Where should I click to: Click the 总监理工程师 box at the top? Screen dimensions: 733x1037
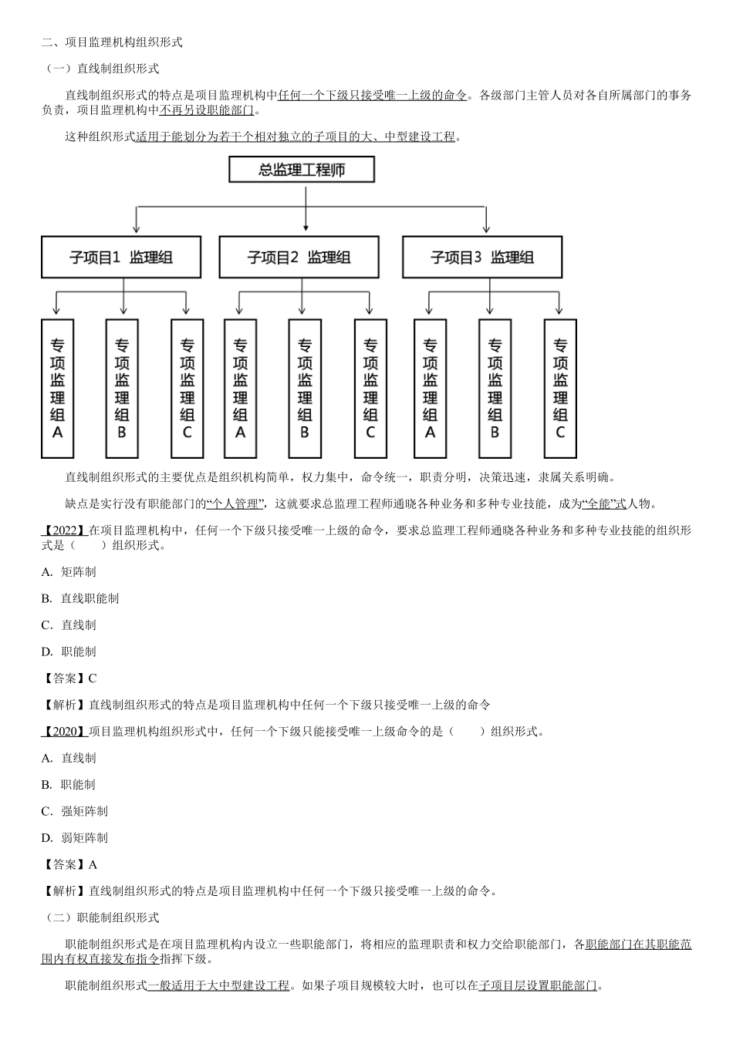pos(302,170)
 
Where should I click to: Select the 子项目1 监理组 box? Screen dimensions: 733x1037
pos(121,258)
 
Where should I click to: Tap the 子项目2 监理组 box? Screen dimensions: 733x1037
pos(299,258)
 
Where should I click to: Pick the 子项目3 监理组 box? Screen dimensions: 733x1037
pos(482,258)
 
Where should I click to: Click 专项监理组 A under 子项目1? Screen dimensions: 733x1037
pos(57,388)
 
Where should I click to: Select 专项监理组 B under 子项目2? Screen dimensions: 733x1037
pos(305,388)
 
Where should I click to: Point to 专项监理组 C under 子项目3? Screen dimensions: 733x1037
pos(560,388)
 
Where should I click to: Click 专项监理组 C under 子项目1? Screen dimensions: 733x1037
pos(187,388)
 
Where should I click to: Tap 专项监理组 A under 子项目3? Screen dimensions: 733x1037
pos(430,388)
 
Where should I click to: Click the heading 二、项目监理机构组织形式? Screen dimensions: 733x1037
pos(112,42)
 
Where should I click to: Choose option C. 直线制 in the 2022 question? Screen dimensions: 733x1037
pos(69,625)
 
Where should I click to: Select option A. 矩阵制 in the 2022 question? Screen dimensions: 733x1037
pos(69,572)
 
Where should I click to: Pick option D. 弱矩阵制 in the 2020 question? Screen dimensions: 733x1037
pos(74,838)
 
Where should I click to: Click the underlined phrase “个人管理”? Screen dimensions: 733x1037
pos(236,504)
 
